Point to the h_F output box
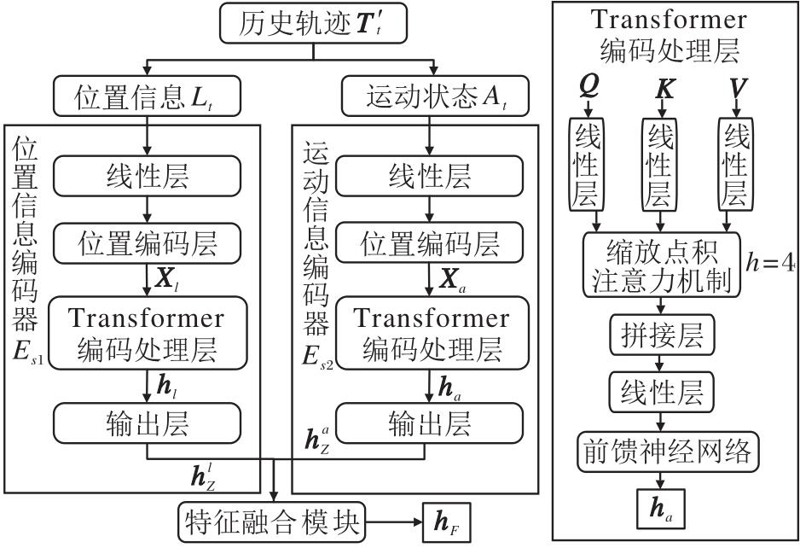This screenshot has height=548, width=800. pyautogui.click(x=443, y=521)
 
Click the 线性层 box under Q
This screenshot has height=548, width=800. pyautogui.click(x=586, y=165)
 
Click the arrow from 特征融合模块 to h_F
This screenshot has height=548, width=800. pyautogui.click(x=393, y=521)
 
